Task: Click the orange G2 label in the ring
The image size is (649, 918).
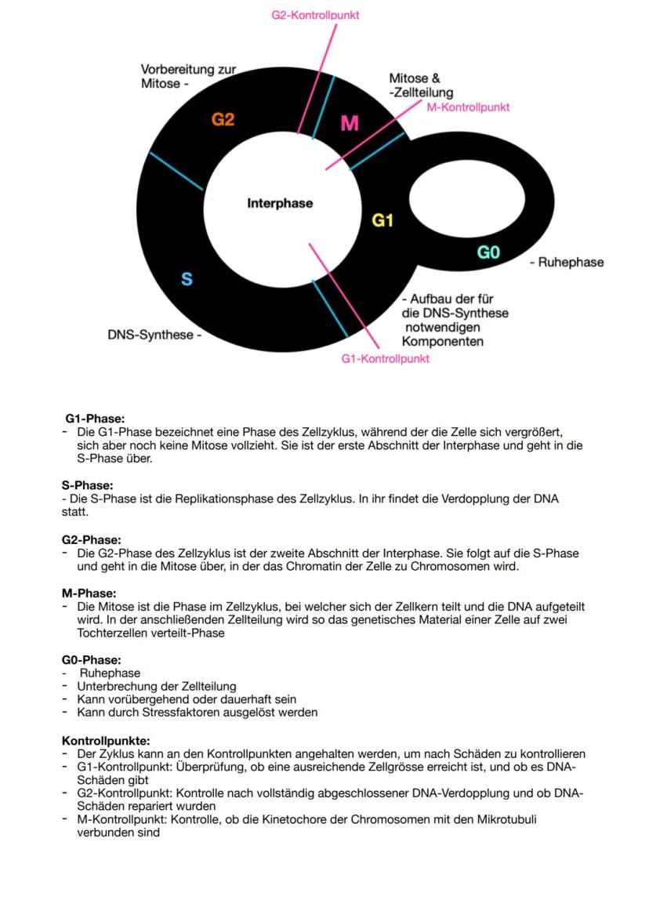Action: coord(223,120)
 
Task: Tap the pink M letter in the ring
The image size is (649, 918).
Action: coord(350,123)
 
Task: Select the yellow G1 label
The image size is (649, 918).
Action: coord(383,220)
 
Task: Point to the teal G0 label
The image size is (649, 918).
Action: coord(488,252)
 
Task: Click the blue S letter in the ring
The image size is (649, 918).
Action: coord(187,278)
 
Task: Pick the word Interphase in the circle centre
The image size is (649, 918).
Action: coord(280,203)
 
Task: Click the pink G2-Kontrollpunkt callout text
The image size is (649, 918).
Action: coord(315,15)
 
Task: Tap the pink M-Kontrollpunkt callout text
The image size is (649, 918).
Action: coord(468,107)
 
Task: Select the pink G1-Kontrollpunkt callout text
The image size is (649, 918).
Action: coord(385,358)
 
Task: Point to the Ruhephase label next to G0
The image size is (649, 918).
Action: coord(571,262)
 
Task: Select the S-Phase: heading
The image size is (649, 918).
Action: coord(87,485)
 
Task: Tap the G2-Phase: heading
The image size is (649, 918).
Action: coord(91,539)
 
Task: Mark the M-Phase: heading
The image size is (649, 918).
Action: coord(89,593)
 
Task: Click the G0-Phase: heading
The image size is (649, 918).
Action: coord(91,660)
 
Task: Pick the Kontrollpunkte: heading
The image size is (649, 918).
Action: coord(105,740)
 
